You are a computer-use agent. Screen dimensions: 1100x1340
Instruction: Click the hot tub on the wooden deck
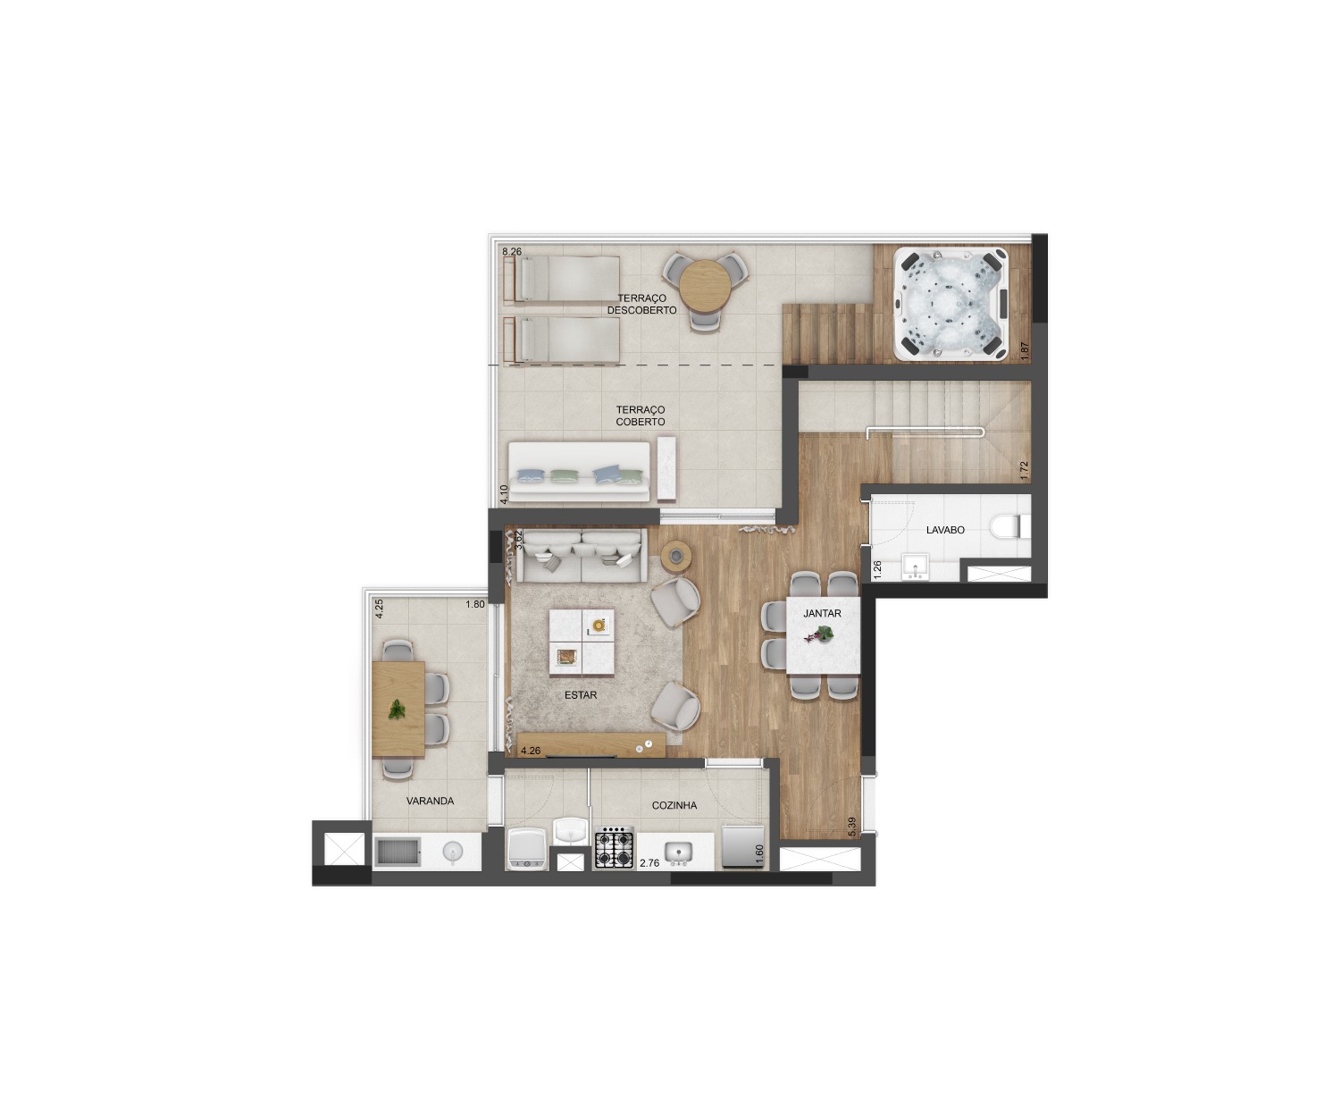[x=951, y=304]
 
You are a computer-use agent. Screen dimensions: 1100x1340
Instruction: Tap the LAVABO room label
[x=944, y=530]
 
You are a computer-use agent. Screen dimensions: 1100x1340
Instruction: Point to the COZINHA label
[x=674, y=805]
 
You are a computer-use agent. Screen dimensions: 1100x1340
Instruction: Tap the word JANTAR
[x=822, y=614]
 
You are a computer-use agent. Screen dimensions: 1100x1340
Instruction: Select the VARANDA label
[x=430, y=801]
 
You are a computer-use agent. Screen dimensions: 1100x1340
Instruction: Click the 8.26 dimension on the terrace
[x=512, y=252]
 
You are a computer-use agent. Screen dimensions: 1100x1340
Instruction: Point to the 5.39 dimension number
[x=852, y=827]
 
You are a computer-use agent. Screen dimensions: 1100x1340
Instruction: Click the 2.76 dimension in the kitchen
[x=649, y=862]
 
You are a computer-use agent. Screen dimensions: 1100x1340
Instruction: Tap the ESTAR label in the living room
[x=581, y=694]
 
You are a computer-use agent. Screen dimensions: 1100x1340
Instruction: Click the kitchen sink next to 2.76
[x=678, y=852]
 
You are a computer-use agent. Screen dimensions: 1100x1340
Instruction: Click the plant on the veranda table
[x=396, y=710]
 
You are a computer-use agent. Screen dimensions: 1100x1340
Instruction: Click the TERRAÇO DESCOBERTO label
[x=641, y=304]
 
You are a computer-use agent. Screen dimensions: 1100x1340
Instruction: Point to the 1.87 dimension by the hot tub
[x=1025, y=351]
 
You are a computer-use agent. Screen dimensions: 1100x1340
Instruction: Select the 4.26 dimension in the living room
[x=530, y=751]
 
